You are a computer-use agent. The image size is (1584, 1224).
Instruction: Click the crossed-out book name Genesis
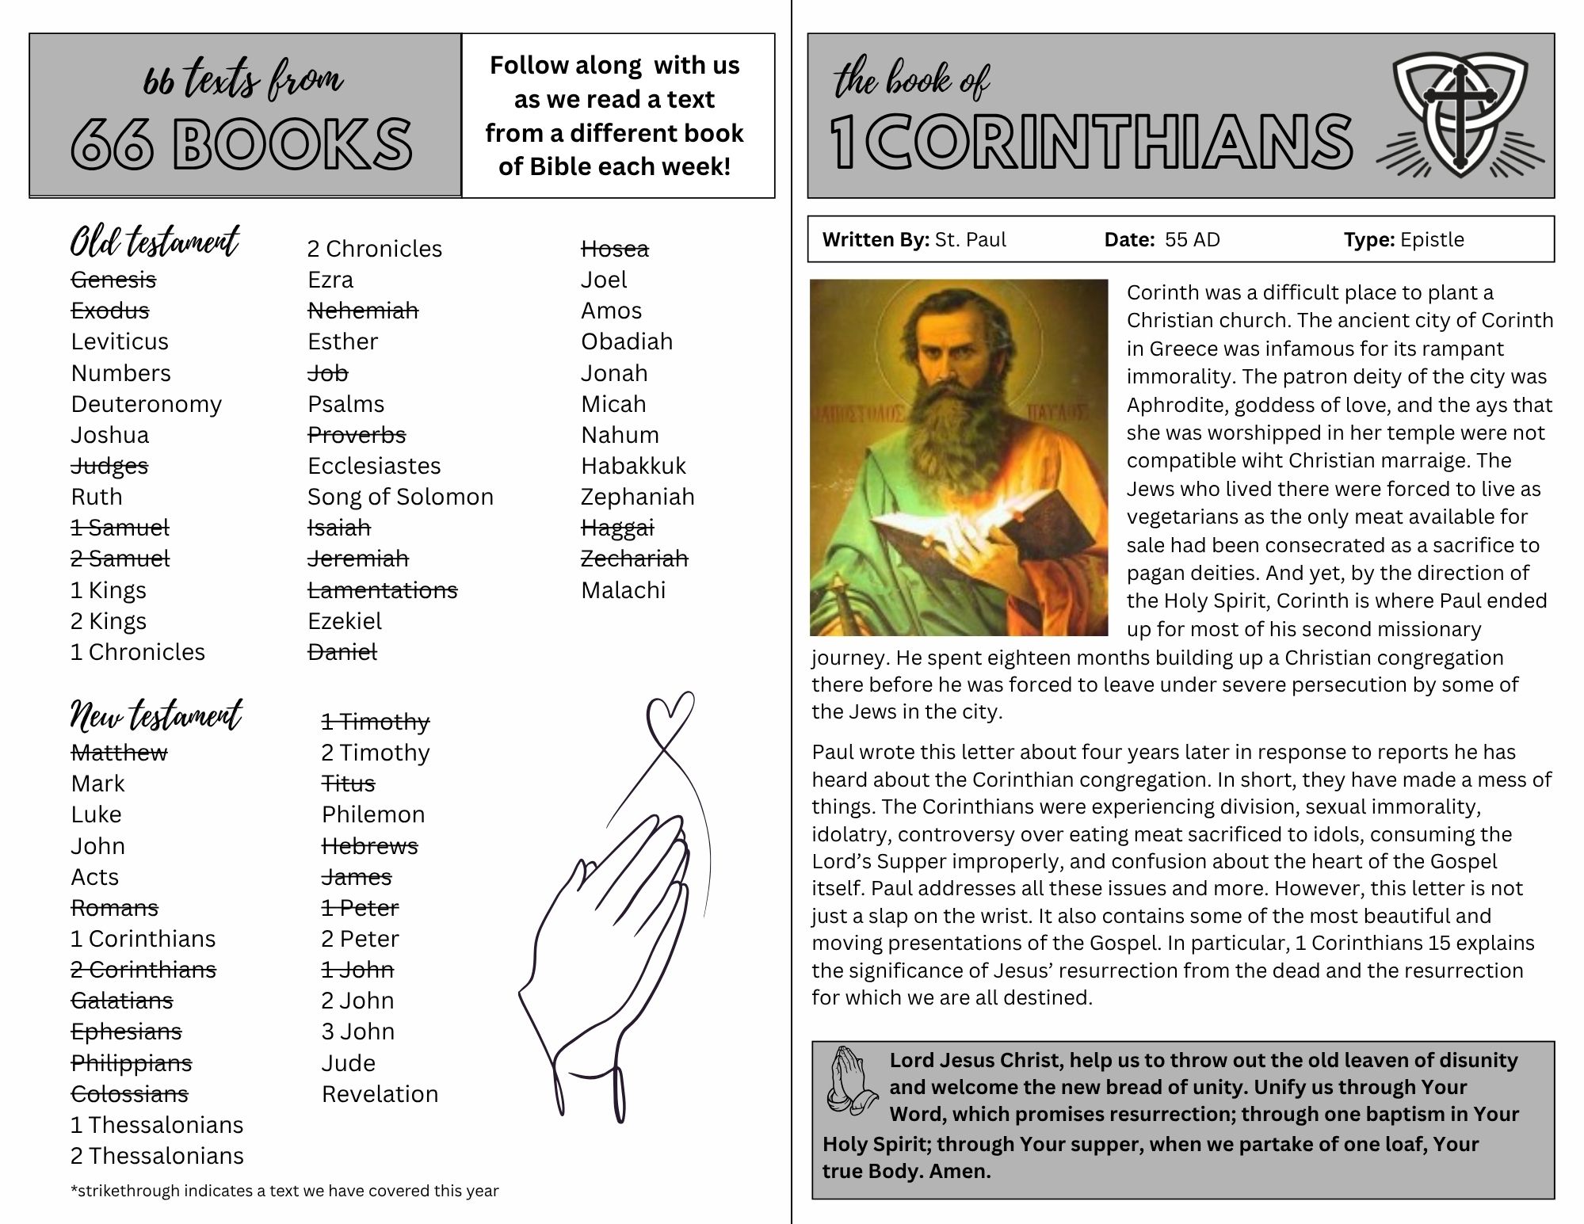pos(113,280)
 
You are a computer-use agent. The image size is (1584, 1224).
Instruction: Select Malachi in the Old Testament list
pos(623,590)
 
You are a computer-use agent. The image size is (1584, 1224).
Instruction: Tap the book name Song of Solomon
pos(400,497)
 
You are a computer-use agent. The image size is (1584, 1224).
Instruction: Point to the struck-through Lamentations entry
pos(382,590)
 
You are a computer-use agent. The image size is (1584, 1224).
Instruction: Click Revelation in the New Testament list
pos(380,1094)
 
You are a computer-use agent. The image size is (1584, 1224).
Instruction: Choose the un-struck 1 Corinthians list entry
pos(143,939)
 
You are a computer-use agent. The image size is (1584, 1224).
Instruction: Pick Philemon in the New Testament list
pos(373,814)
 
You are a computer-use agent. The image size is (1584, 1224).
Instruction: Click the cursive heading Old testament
pos(155,242)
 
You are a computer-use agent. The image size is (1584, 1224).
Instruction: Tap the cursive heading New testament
pos(156,715)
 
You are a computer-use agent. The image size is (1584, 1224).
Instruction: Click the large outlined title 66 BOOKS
pos(242,145)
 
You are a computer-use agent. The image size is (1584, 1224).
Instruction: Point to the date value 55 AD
pos(1192,239)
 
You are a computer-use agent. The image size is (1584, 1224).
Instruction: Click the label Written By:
pos(875,239)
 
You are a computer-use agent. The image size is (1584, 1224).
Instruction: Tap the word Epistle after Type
pos(1432,239)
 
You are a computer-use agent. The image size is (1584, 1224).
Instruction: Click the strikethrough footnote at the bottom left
pos(284,1191)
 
